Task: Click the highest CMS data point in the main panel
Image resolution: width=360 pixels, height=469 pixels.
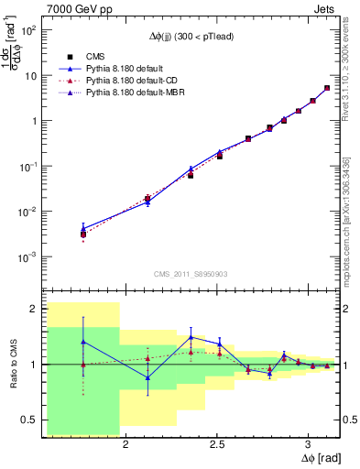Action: [327, 88]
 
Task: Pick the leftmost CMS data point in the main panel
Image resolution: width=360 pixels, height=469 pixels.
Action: [83, 234]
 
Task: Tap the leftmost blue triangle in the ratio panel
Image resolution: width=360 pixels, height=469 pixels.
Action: [83, 342]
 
